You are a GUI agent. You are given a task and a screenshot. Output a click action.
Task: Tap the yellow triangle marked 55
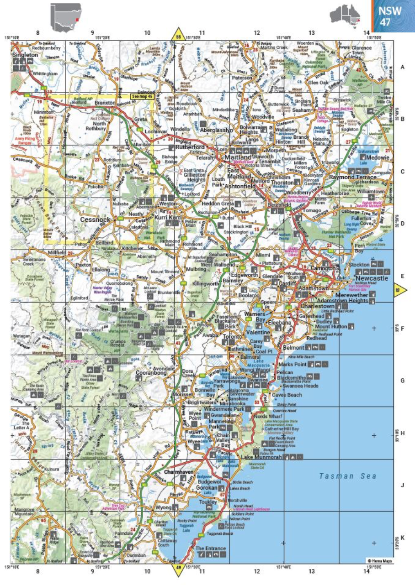coord(178,36)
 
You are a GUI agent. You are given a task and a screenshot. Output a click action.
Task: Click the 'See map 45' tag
coord(140,96)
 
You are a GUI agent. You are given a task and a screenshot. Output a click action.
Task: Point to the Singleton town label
coord(26,55)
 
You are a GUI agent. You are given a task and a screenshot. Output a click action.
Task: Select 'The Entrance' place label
coord(211,548)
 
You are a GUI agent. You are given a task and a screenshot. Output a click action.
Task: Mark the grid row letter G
coord(402,380)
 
